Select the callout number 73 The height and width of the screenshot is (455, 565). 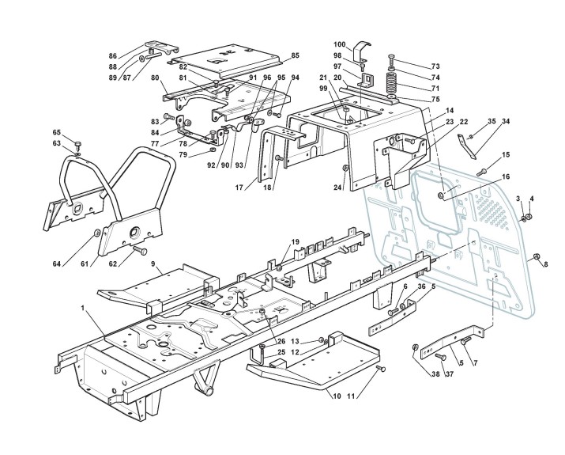click(435, 66)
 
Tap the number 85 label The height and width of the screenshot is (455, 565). click(296, 55)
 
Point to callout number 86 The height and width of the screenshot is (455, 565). click(112, 56)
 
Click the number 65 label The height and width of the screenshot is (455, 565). click(56, 132)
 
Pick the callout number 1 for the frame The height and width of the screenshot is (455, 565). click(82, 305)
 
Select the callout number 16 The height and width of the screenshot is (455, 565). click(506, 176)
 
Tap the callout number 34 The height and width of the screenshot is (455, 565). click(506, 122)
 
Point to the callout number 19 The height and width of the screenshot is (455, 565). click(296, 241)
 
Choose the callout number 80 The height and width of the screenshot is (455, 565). click(156, 78)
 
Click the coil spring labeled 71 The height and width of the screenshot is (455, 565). click(391, 83)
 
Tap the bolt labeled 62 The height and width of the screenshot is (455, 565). click(141, 250)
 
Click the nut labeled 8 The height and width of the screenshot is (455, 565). click(536, 257)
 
